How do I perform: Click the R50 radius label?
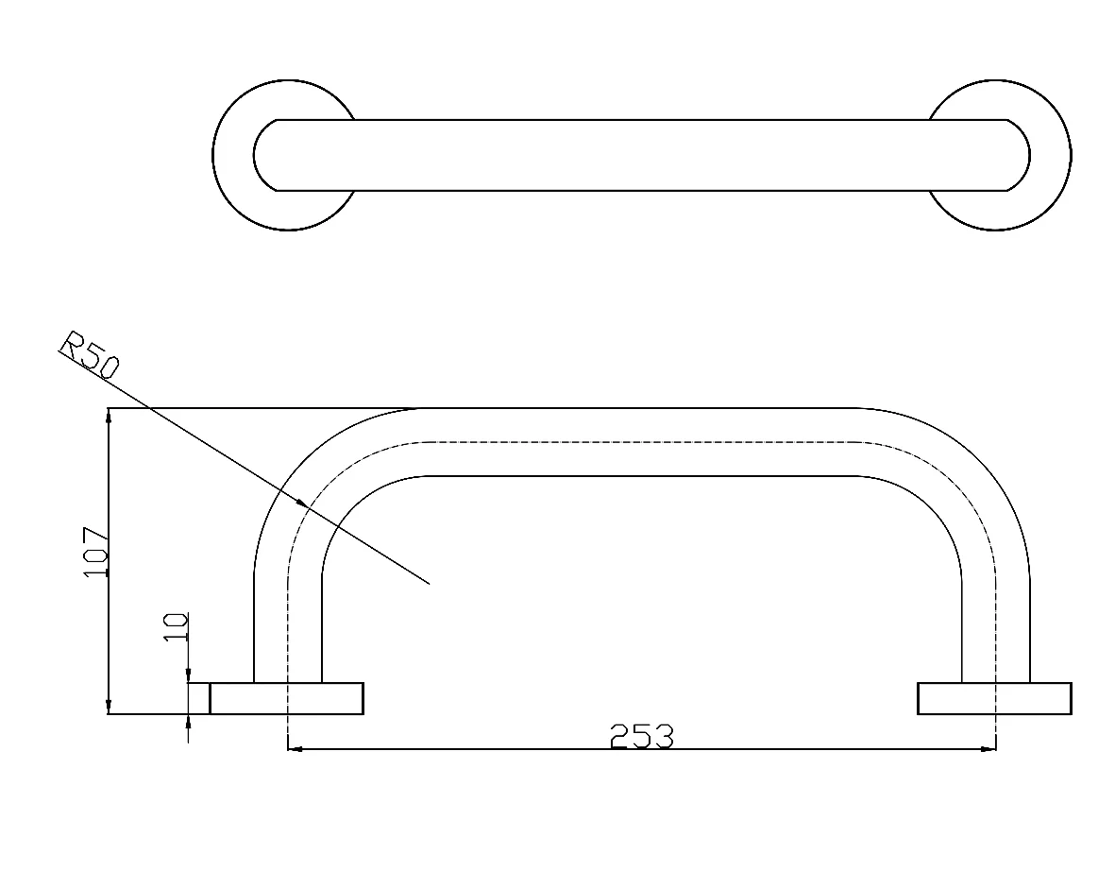click(90, 353)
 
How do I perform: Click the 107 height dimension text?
click(96, 553)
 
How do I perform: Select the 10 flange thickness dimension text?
click(176, 627)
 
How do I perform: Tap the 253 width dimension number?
click(641, 737)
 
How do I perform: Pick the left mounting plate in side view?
click(287, 698)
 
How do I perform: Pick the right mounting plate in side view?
click(994, 698)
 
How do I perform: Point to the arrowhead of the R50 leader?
click(303, 504)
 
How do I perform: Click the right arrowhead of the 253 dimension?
click(988, 748)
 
